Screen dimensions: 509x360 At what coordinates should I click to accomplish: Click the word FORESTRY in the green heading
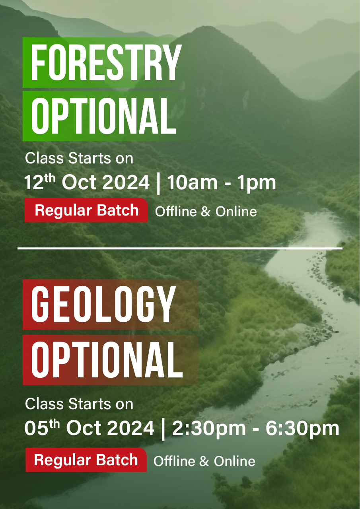point(106,63)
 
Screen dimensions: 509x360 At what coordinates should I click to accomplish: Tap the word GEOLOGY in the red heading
point(103,305)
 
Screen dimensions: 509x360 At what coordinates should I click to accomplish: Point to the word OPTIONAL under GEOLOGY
point(107,360)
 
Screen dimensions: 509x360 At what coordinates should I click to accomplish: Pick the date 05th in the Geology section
point(42,428)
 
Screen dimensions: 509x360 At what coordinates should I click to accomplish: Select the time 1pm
point(260,183)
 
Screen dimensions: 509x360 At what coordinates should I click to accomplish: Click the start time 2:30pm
point(207,428)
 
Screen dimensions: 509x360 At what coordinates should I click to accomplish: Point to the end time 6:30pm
point(302,428)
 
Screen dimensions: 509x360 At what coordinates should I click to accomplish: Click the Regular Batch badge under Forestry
point(86,210)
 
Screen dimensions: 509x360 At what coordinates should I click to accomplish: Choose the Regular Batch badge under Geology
point(86,460)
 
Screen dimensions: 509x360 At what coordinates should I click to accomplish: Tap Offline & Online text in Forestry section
point(206,212)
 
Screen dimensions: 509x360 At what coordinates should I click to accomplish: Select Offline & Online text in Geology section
point(204,461)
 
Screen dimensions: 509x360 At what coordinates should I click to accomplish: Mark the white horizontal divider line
point(180,249)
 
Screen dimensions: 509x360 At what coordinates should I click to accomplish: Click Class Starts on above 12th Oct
point(79,158)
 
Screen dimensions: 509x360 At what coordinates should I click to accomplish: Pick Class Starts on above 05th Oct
point(79,404)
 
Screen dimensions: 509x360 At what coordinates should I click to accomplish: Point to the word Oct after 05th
point(83,428)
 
